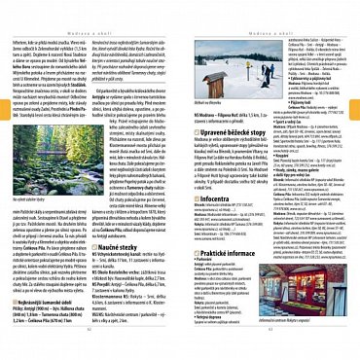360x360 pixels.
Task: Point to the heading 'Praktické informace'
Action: pos(230,281)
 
